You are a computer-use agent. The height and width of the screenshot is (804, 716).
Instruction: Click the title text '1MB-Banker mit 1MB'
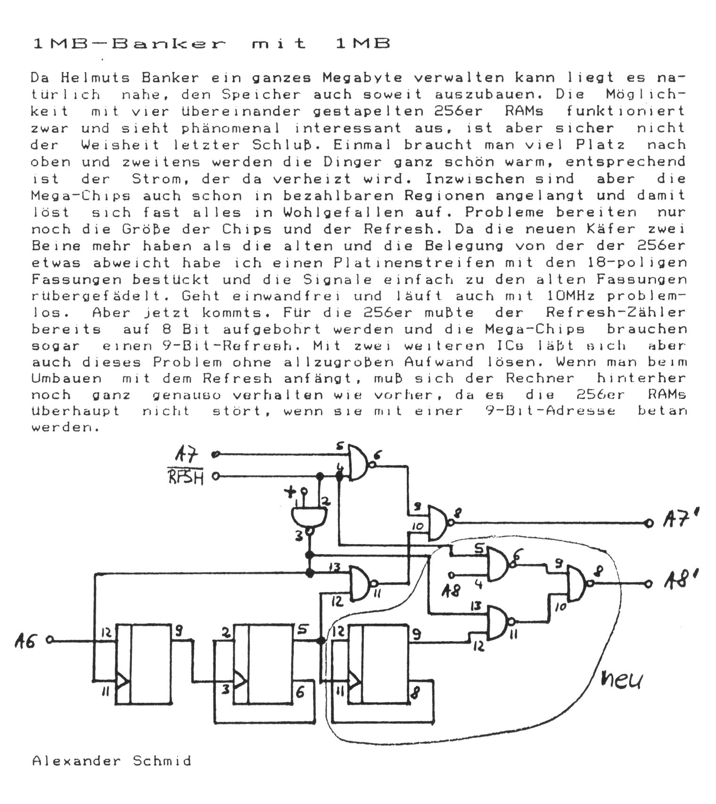[x=212, y=44]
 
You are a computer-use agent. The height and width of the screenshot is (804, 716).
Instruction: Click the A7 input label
[x=187, y=455]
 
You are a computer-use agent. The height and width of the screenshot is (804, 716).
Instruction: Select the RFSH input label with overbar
[x=187, y=477]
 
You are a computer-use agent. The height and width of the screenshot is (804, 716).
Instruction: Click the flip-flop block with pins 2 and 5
[x=264, y=664]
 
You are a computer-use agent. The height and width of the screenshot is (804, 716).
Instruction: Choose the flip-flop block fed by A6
[x=146, y=664]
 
